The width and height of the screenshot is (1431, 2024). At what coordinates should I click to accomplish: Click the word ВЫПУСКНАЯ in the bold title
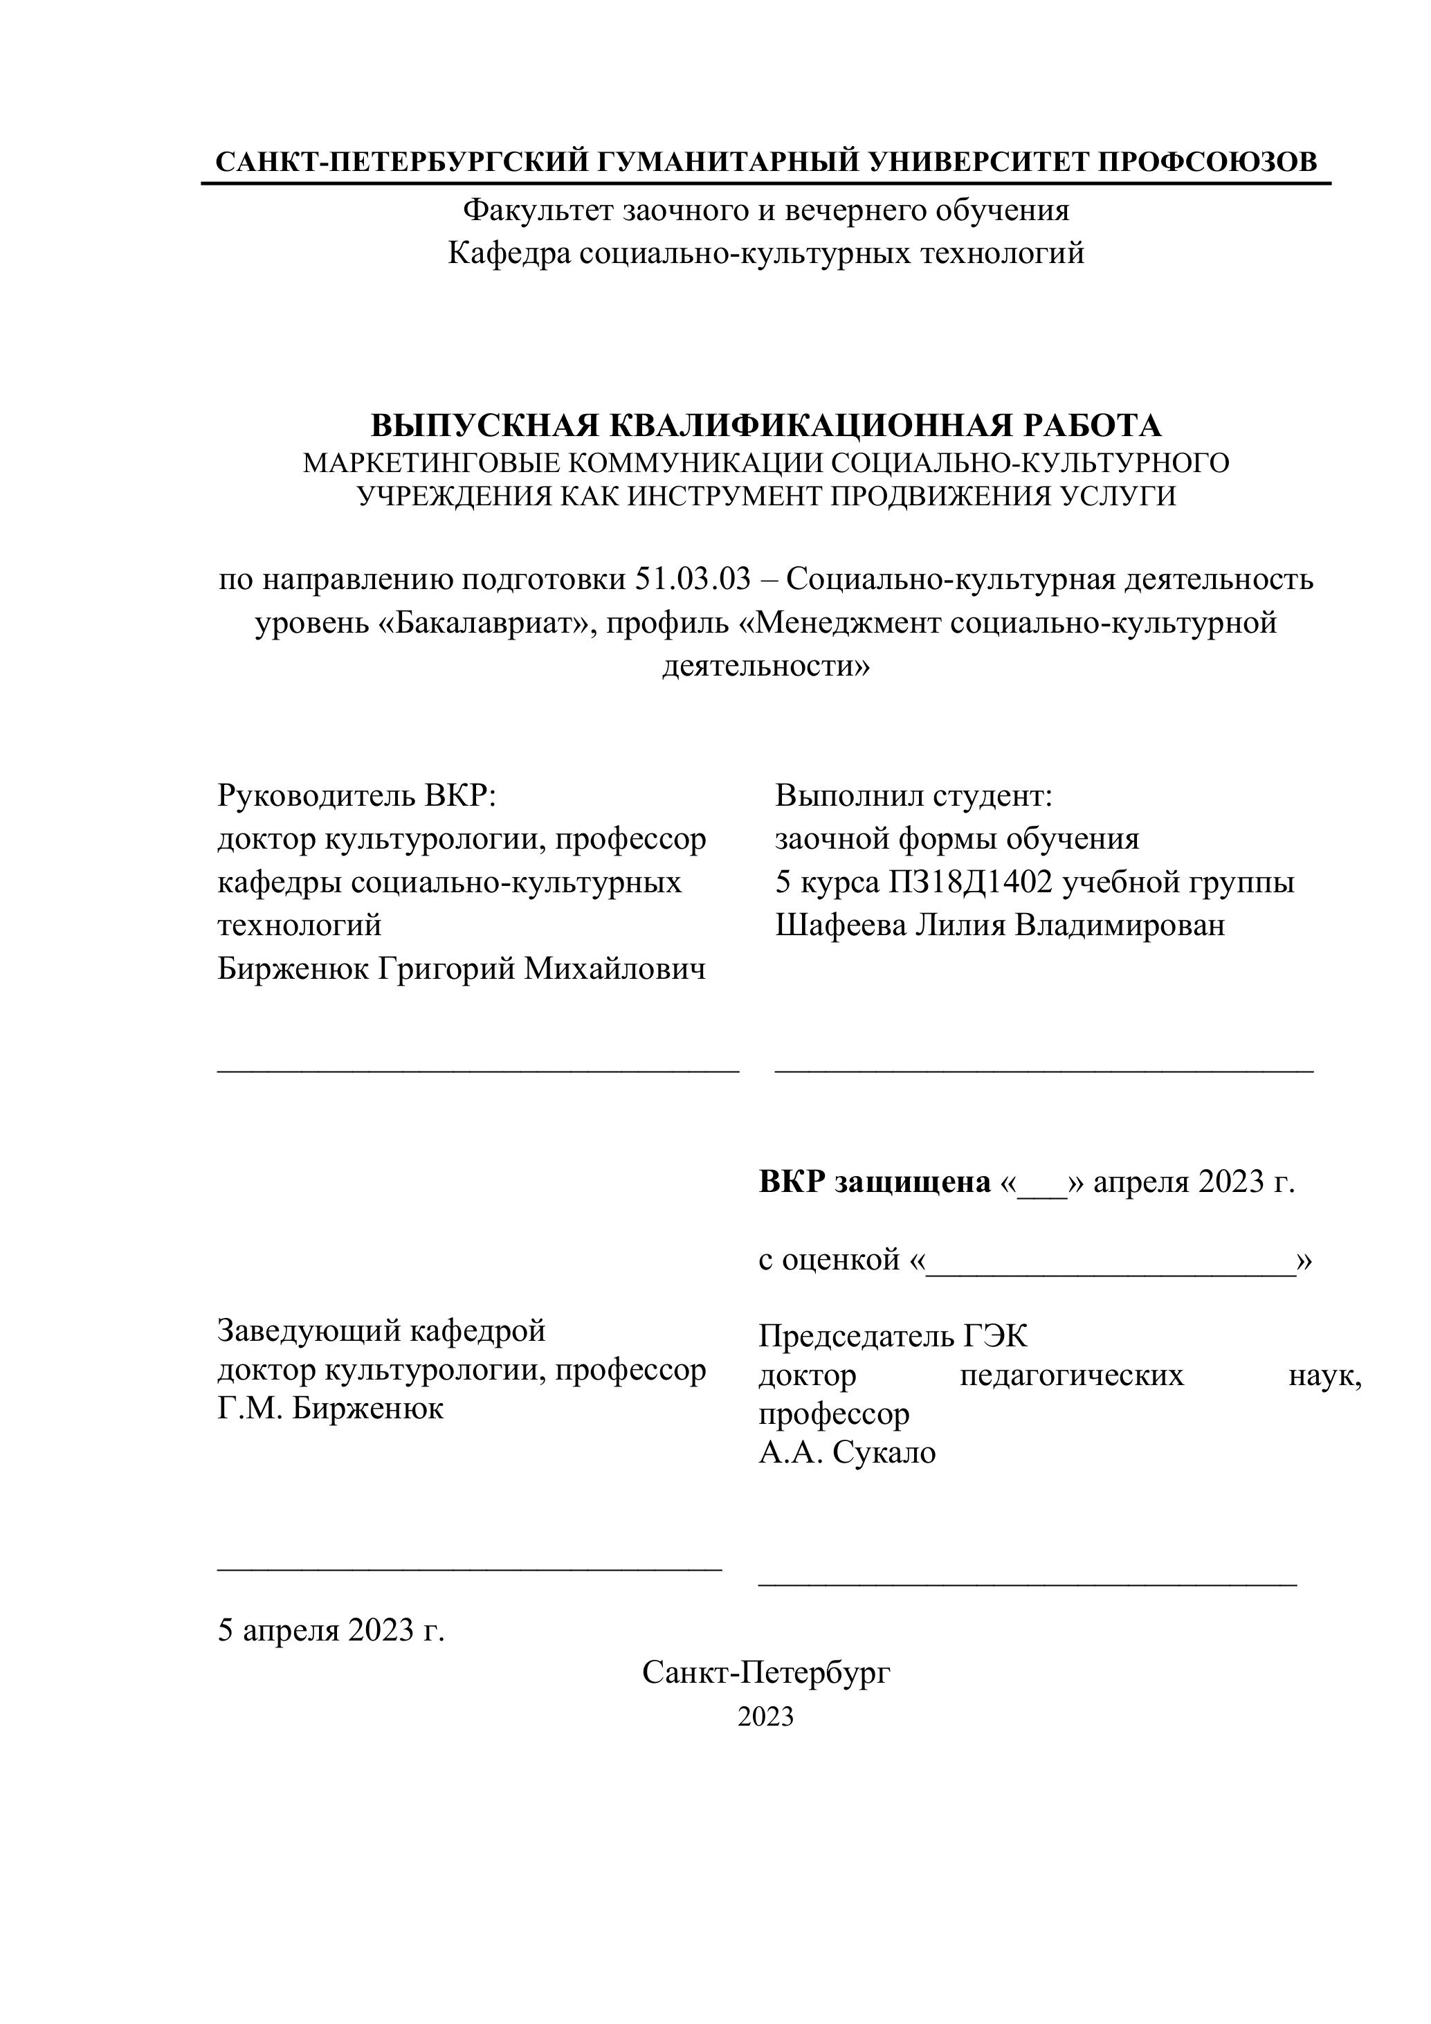click(x=484, y=426)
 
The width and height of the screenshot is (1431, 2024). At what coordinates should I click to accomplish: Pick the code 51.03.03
click(x=693, y=579)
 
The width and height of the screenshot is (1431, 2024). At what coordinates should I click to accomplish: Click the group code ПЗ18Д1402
click(x=971, y=883)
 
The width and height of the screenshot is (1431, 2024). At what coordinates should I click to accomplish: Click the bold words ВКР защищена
click(x=874, y=1182)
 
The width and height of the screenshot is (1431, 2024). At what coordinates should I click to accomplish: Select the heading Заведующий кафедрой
click(x=381, y=1330)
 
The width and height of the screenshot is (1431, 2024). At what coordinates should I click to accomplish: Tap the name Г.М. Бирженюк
click(x=331, y=1408)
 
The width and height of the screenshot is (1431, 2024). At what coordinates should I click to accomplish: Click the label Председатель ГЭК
click(x=893, y=1337)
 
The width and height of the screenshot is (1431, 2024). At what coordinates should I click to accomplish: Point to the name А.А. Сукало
click(x=847, y=1452)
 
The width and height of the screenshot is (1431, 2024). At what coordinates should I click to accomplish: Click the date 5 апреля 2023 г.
click(x=331, y=1631)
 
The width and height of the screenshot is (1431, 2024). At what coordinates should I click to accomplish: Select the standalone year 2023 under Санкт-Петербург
click(x=766, y=1717)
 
